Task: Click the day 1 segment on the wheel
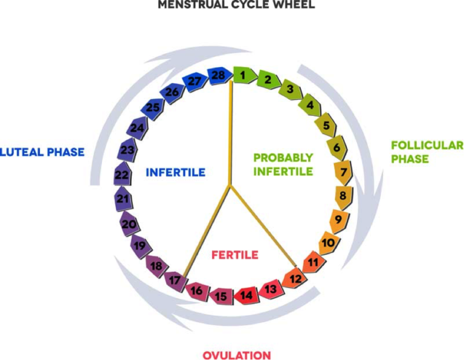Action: click(242, 76)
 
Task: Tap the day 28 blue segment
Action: click(217, 76)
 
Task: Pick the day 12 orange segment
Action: click(294, 278)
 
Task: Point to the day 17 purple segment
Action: click(175, 280)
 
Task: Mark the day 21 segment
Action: click(124, 199)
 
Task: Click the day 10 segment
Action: click(328, 243)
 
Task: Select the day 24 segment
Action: click(137, 128)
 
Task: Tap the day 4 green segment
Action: click(311, 106)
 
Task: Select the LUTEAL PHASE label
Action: click(42, 152)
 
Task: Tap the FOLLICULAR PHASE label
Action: click(427, 152)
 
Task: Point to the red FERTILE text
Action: click(235, 255)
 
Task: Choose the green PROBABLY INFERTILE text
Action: click(283, 164)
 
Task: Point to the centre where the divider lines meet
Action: click(229, 186)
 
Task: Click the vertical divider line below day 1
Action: click(231, 133)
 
